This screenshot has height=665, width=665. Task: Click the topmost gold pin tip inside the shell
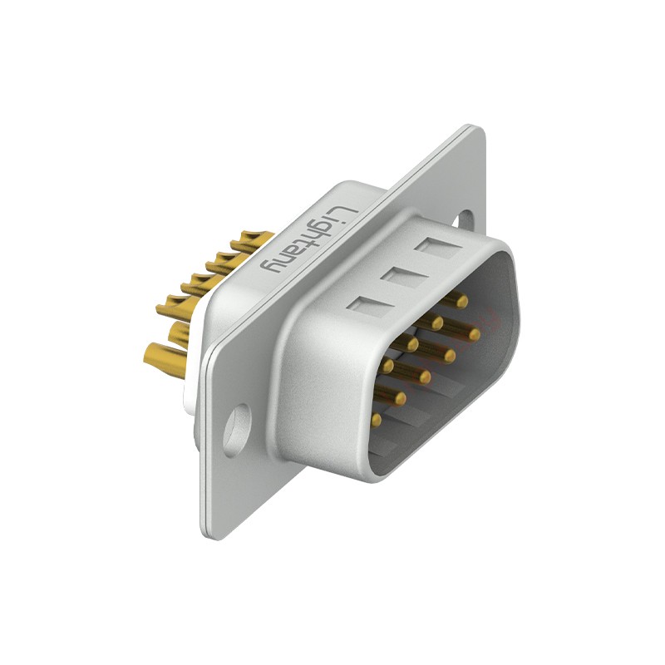point(462,302)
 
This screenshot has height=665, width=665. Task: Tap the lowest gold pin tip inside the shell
point(376,420)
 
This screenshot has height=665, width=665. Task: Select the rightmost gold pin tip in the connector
point(474,334)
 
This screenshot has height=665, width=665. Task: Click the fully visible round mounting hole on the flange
point(237,430)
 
